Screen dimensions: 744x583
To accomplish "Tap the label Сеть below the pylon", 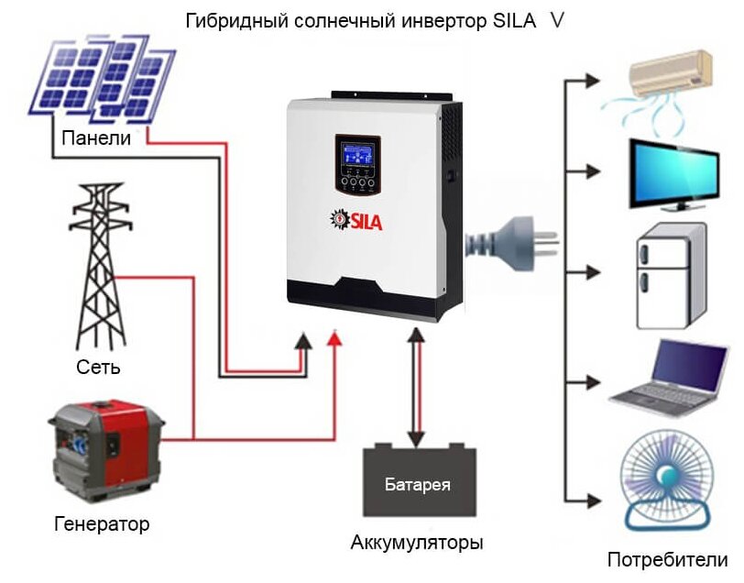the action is click(99, 368).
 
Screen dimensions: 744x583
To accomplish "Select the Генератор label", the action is click(101, 524).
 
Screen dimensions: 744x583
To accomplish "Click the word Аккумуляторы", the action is click(417, 542).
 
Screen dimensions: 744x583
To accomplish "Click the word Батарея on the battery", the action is click(418, 483).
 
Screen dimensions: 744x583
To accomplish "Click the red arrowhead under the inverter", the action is click(336, 338).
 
